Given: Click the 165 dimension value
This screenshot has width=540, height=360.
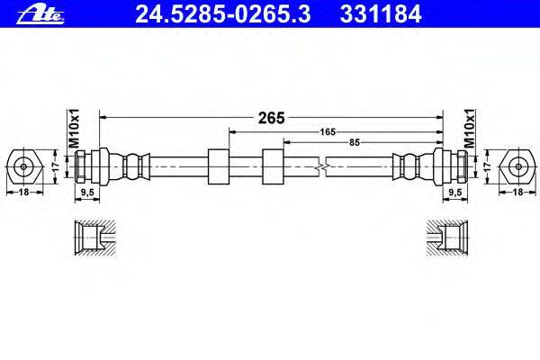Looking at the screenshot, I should pyautogui.click(x=328, y=132).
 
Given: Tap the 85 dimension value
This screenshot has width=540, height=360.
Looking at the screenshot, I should pyautogui.click(x=355, y=142).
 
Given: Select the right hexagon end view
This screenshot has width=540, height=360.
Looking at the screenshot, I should pyautogui.click(x=518, y=166).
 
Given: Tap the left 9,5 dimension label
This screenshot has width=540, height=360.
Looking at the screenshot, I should pyautogui.click(x=88, y=192).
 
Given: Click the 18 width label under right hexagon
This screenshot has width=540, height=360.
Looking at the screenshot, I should pyautogui.click(x=519, y=192).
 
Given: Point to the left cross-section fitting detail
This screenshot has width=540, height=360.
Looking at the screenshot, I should pyautogui.click(x=93, y=238).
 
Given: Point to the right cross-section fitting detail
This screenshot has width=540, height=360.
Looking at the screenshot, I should pyautogui.click(x=447, y=238).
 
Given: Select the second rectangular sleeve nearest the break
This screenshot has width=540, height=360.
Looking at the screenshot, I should pyautogui.click(x=272, y=166).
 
